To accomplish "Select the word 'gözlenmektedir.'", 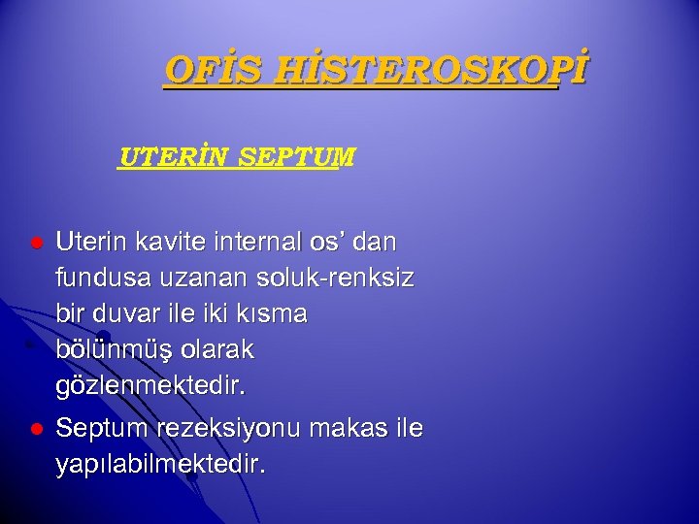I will pyautogui.click(x=151, y=386).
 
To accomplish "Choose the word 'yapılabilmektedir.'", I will pyautogui.click(x=160, y=464).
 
